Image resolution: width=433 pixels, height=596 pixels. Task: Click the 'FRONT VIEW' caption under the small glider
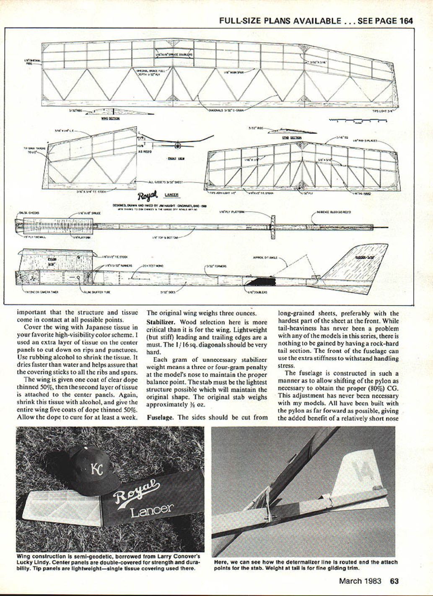(x=173, y=158)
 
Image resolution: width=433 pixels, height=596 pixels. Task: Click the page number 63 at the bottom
(x=394, y=581)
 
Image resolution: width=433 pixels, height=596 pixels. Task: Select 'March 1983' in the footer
(x=360, y=581)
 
